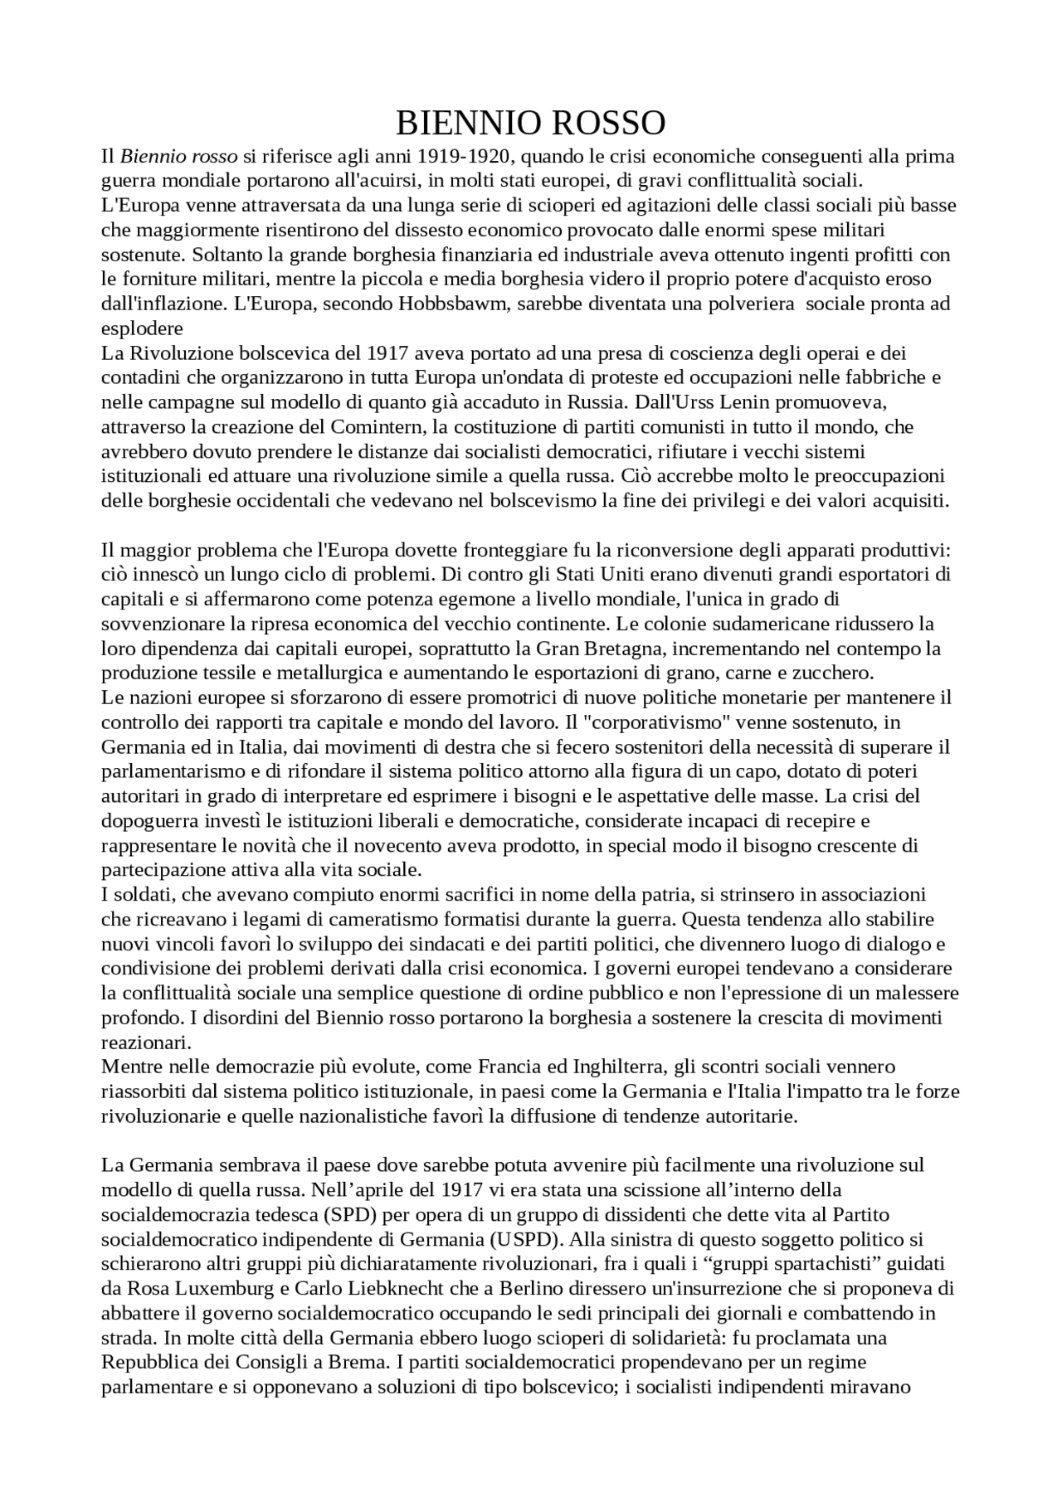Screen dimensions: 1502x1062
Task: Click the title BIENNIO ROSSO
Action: tap(530, 123)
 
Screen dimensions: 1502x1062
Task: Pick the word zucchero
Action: tap(832, 673)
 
